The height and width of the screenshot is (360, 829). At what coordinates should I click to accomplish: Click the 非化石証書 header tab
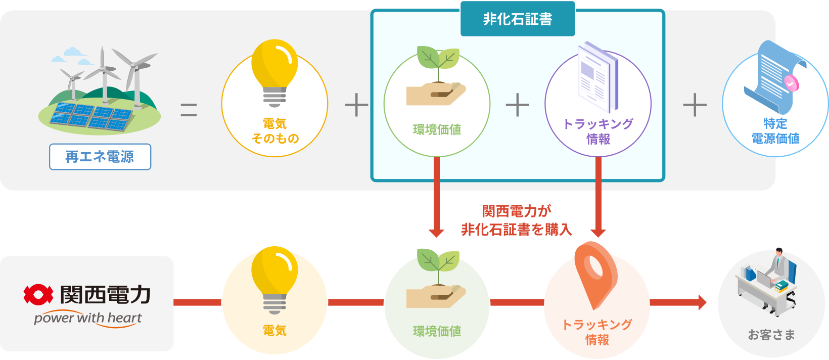point(517,19)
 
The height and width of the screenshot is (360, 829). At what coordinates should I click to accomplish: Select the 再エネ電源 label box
point(100,157)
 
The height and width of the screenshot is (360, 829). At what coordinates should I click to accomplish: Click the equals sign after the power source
point(189,109)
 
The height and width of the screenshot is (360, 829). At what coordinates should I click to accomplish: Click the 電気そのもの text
point(274,131)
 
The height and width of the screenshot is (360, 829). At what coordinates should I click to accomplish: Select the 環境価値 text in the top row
point(437,130)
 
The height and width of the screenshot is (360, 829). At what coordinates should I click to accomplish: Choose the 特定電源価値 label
point(775,131)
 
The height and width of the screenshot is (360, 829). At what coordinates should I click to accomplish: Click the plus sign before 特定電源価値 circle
point(695,105)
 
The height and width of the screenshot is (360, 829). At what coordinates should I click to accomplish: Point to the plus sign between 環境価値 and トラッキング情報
point(517,105)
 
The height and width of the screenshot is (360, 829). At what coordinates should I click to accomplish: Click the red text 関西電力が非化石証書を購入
point(516,220)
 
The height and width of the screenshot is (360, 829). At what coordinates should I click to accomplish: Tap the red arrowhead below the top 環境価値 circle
point(436,232)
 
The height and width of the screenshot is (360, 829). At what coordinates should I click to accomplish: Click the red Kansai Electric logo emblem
point(38,294)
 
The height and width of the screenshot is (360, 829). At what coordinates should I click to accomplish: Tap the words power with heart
point(88,319)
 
